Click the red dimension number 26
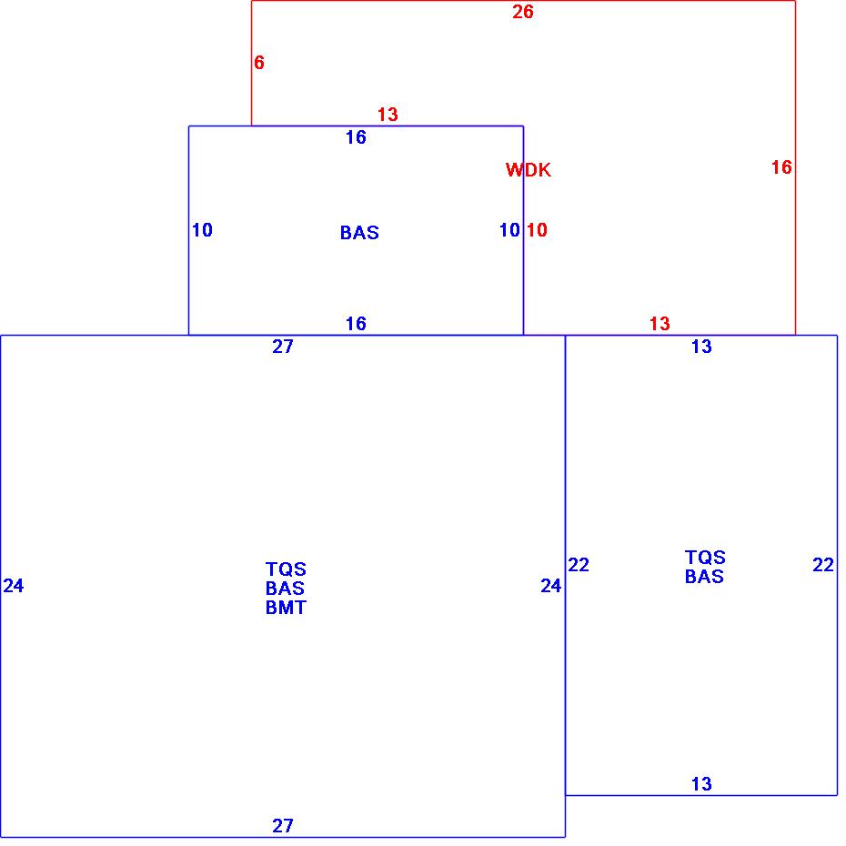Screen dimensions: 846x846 pos(523,12)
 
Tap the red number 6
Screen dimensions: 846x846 pos(259,63)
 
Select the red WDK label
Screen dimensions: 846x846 pos(529,170)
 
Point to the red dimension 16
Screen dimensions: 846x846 pos(781,167)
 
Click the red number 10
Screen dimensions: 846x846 pos(537,230)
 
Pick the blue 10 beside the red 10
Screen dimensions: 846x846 pos(509,230)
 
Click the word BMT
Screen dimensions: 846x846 pos(286,608)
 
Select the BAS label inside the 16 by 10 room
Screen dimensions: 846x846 pos(359,233)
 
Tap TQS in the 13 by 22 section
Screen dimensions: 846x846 pos(705,558)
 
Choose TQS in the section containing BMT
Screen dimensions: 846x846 pos(286,569)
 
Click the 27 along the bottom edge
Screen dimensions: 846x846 pos(283,826)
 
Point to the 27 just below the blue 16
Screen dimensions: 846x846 pos(283,347)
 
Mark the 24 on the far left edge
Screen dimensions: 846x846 pos(14,586)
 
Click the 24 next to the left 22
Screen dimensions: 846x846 pos(551,586)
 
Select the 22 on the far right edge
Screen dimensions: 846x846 pos(823,565)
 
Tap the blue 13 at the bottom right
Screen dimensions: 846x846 pos(701,784)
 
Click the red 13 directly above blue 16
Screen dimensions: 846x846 pos(388,115)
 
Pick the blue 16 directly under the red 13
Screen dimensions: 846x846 pos(356,137)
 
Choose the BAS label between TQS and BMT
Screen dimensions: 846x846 pos(286,589)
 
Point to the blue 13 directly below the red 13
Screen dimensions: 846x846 pos(701,347)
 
